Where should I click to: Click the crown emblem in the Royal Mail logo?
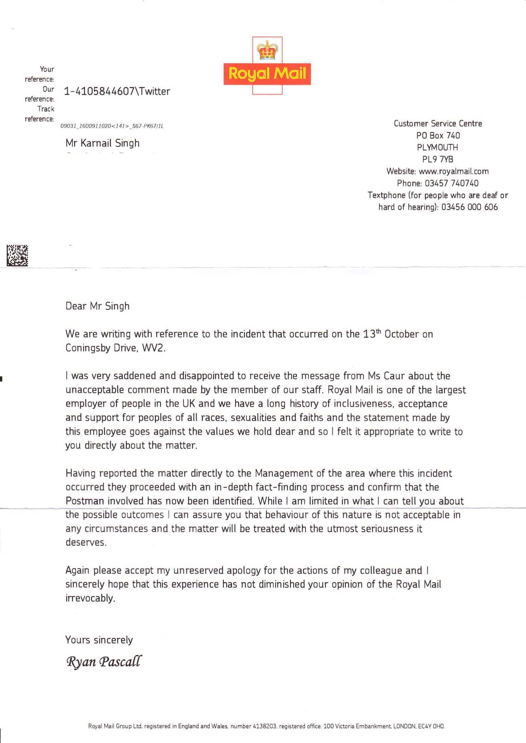coord(268,50)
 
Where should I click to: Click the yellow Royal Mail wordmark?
coord(267,74)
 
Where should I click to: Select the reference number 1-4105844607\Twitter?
coord(117,91)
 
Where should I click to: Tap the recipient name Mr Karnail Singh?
coord(102,143)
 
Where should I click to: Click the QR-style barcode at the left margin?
coord(17,255)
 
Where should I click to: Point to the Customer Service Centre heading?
coord(438,124)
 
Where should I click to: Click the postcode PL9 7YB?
coord(438,159)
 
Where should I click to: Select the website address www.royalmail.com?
coord(454,171)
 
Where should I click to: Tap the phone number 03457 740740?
coord(452,183)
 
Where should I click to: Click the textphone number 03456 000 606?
coord(469,207)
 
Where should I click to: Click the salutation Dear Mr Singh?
coord(97,306)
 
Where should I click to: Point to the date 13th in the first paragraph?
coord(372,334)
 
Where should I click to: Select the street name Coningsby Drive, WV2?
coord(115,348)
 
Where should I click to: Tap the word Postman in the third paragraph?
coord(85,501)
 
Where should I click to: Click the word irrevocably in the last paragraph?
coord(90,598)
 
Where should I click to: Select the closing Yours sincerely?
coord(99,640)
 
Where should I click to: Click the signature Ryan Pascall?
coord(104,662)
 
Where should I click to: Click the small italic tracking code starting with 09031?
coord(112,126)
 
